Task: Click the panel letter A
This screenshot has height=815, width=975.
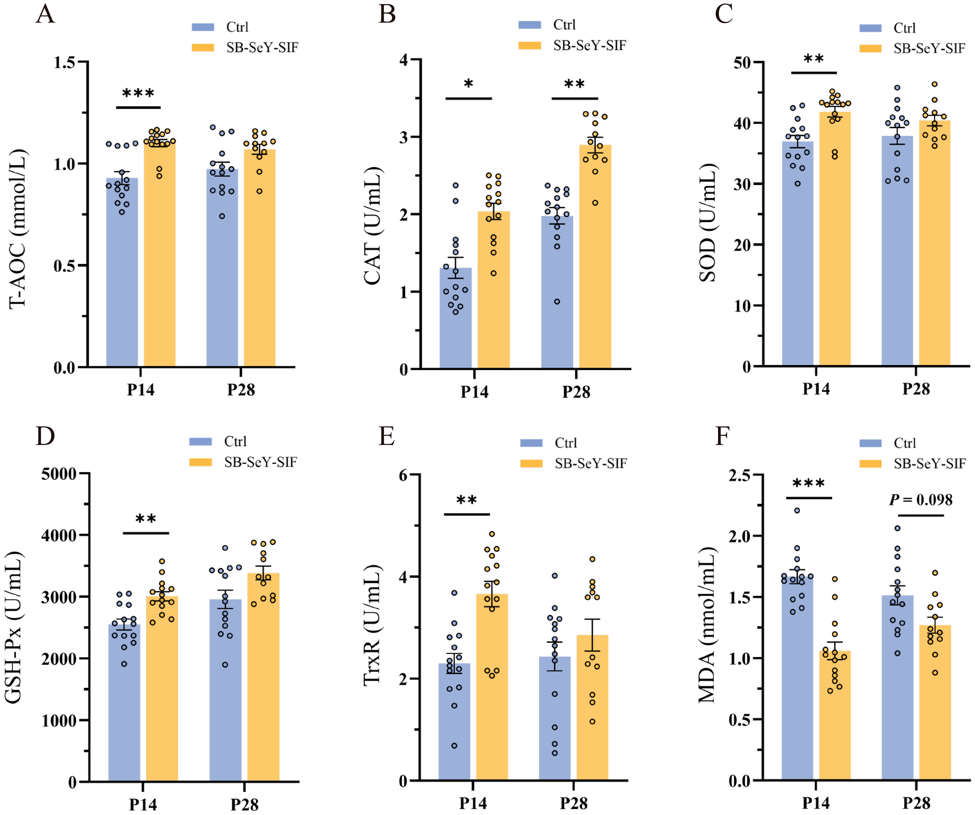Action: (45, 14)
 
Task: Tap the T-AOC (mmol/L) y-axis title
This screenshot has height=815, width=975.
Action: (18, 228)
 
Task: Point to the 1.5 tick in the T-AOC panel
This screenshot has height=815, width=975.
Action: (64, 62)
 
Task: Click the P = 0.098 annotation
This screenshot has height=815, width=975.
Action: (920, 500)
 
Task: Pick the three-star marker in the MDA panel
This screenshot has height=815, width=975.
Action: (808, 484)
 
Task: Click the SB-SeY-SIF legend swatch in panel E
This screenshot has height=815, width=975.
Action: (531, 463)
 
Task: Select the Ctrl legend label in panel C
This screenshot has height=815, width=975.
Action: (904, 28)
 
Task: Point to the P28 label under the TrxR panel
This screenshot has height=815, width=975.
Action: (573, 803)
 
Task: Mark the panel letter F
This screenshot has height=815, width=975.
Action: (722, 436)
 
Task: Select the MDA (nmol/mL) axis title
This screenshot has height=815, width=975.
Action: (707, 625)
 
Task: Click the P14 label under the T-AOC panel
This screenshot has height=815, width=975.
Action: (140, 389)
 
